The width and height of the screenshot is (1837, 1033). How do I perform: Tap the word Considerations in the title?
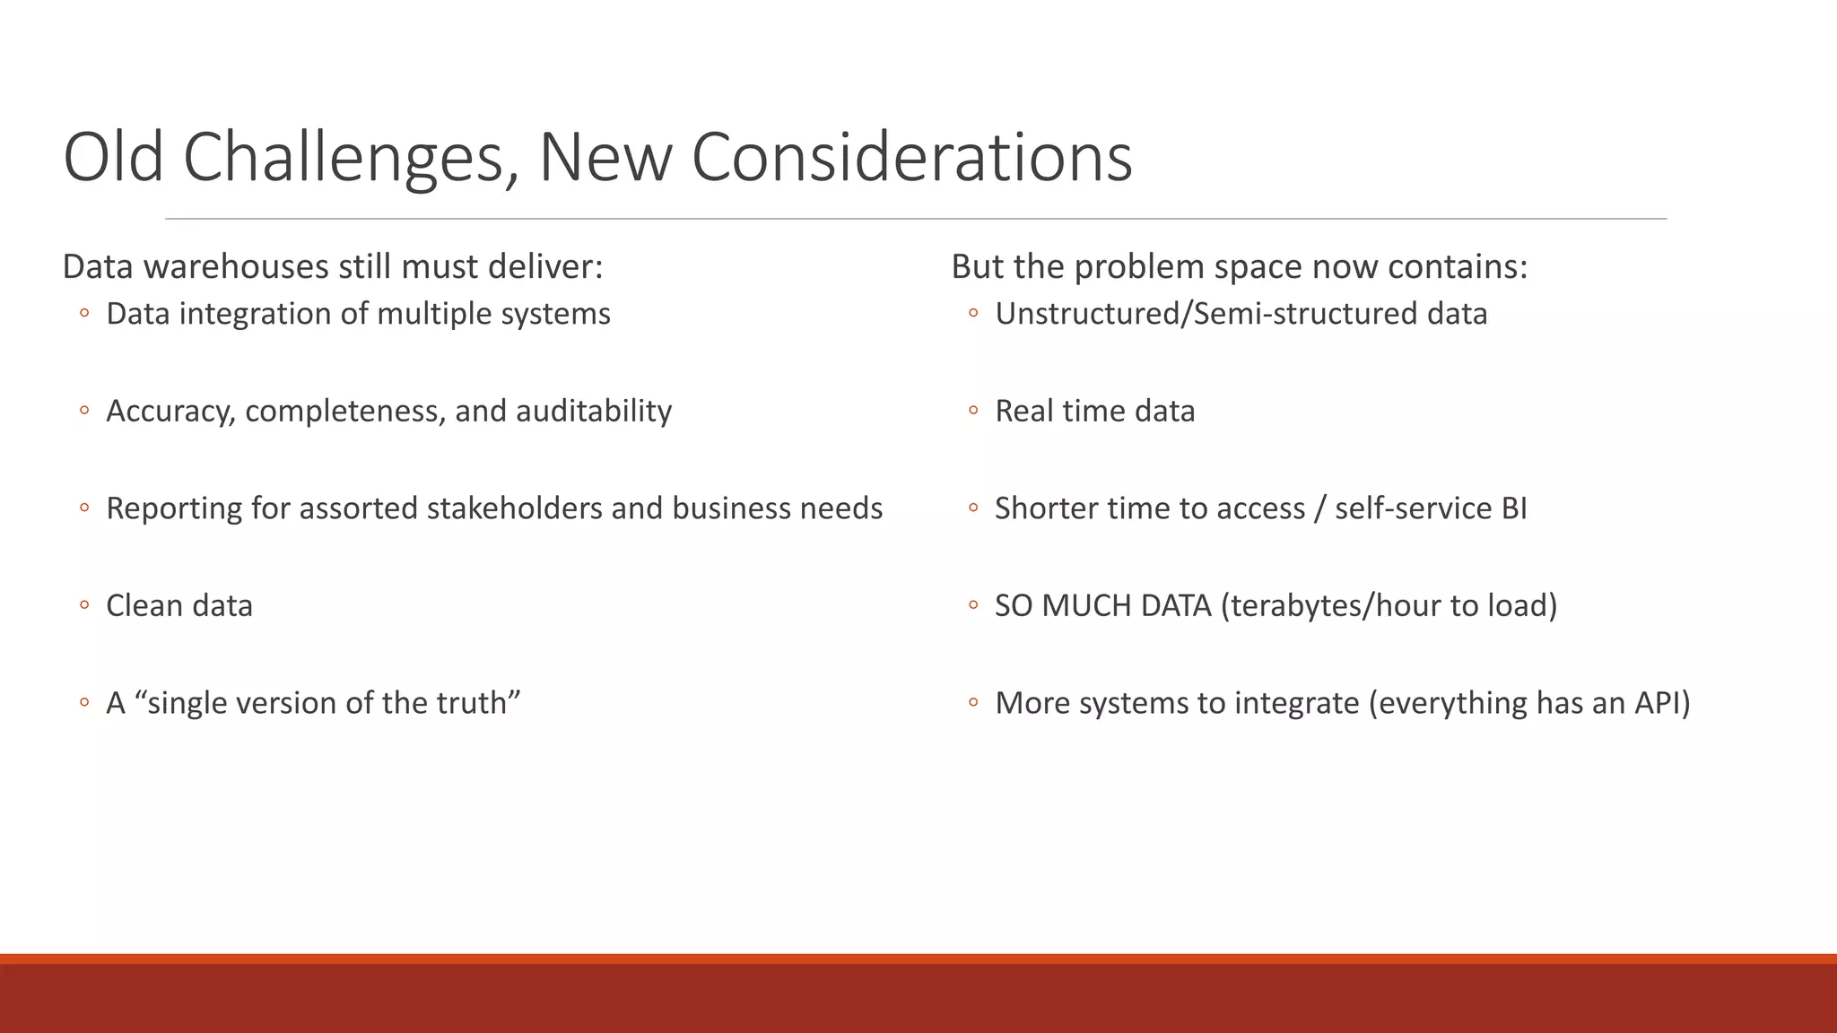click(911, 158)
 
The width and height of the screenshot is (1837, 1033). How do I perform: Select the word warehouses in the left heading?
click(236, 267)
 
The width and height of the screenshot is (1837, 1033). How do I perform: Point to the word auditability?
click(593, 411)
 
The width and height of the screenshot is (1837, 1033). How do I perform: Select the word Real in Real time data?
click(1023, 411)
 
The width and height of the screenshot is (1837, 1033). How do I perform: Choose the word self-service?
click(1413, 508)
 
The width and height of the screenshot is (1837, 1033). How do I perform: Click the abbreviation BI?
click(1513, 508)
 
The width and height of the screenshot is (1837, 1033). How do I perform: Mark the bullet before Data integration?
click(84, 314)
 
